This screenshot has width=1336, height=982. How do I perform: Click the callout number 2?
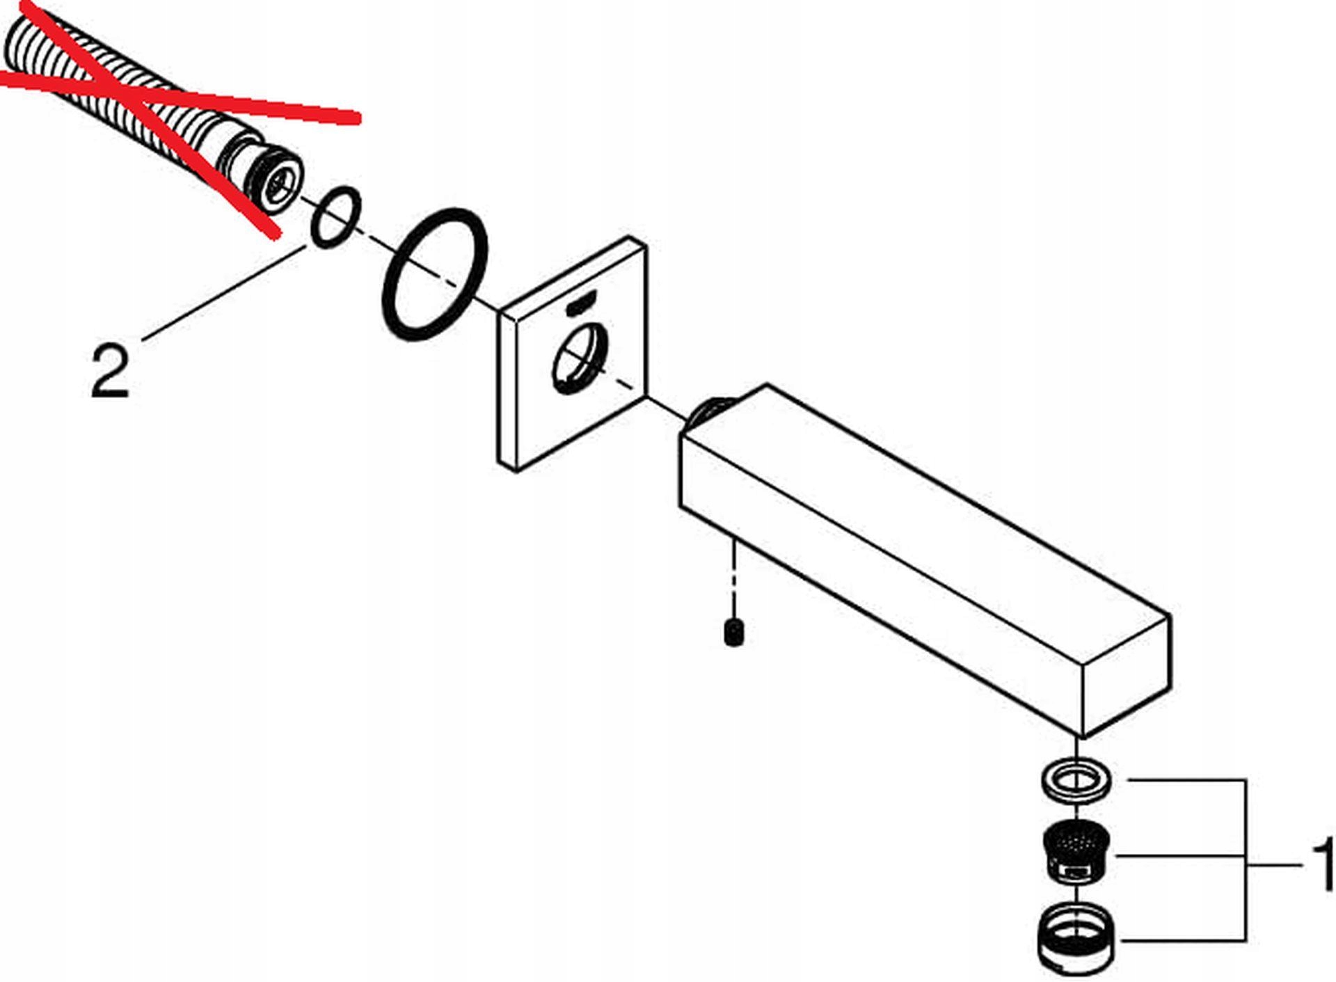pos(110,372)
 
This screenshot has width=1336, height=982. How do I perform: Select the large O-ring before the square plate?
pos(435,275)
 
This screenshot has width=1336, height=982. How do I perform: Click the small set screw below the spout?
pos(733,632)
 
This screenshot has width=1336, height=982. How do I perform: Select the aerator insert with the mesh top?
pos(1076,855)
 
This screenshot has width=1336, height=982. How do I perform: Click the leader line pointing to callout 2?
pos(223,292)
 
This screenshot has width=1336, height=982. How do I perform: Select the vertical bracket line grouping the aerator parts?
pos(1245,860)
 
